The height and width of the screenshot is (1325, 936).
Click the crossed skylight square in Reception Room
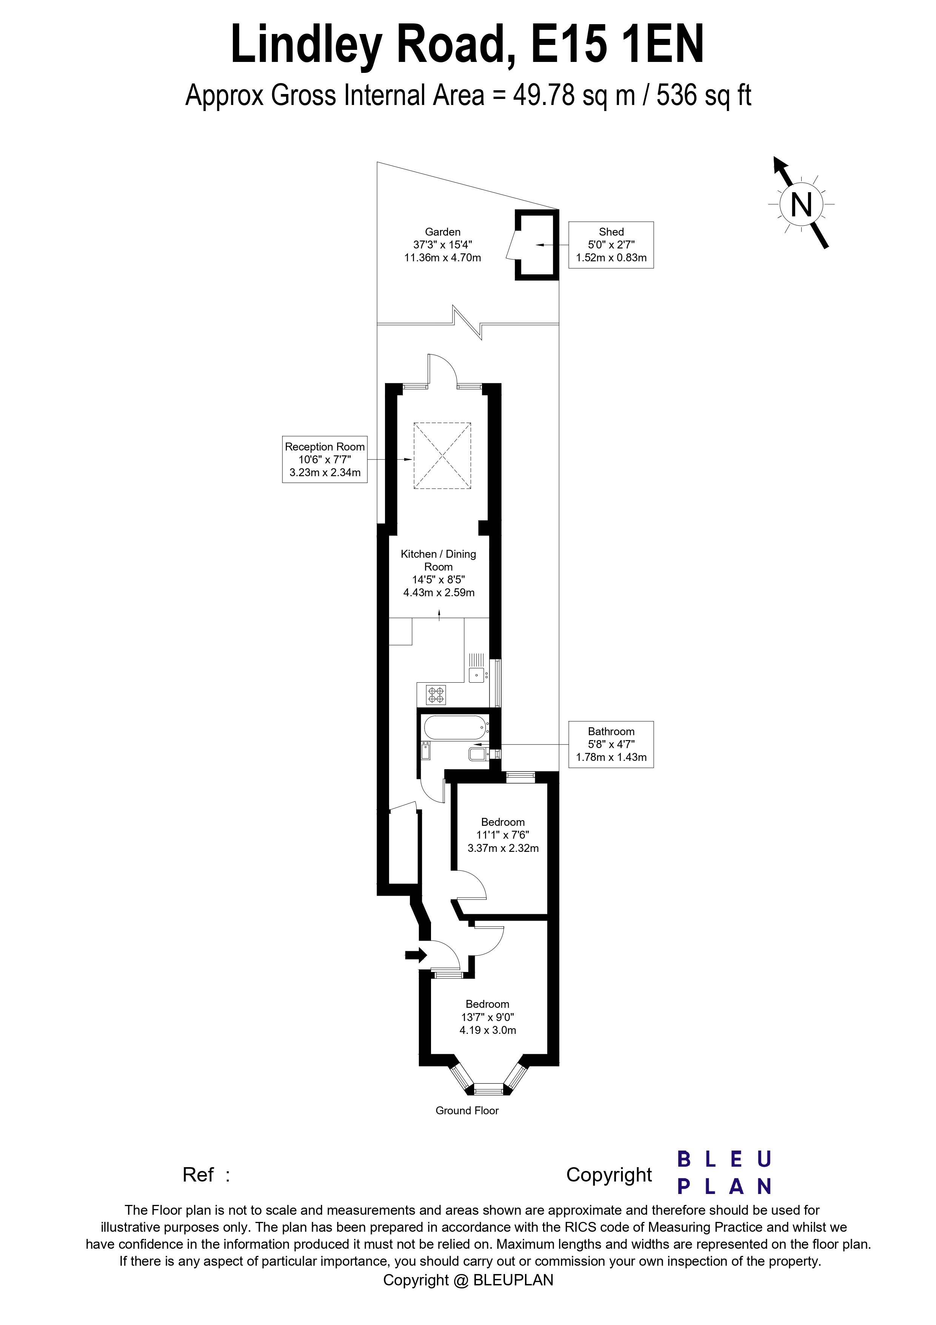[442, 456]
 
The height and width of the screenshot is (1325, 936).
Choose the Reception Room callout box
[325, 460]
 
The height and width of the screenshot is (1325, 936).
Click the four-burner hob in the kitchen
[436, 694]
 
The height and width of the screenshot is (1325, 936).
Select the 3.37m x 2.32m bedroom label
[503, 835]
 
